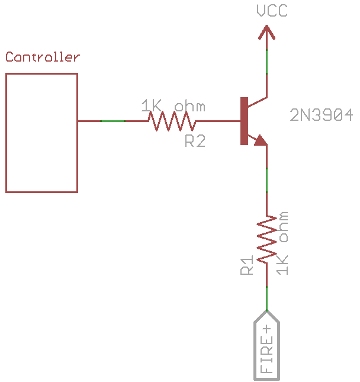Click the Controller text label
(42, 57)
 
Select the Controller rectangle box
(41, 133)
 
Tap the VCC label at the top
(272, 11)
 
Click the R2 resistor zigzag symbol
(172, 121)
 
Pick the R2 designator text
(195, 141)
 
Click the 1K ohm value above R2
(173, 106)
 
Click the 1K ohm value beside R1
(283, 243)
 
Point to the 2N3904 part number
(322, 115)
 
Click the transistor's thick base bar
(243, 121)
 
